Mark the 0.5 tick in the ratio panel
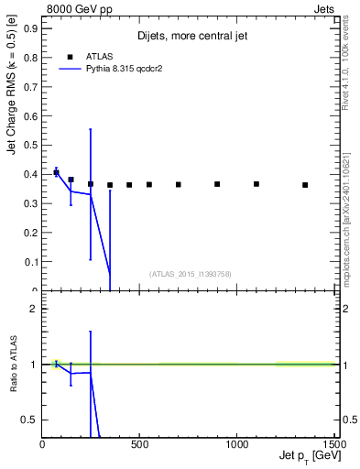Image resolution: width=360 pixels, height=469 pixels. coord(29,420)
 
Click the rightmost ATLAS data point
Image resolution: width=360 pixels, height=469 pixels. coord(305,185)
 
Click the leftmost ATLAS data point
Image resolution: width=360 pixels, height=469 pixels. coord(56,172)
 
